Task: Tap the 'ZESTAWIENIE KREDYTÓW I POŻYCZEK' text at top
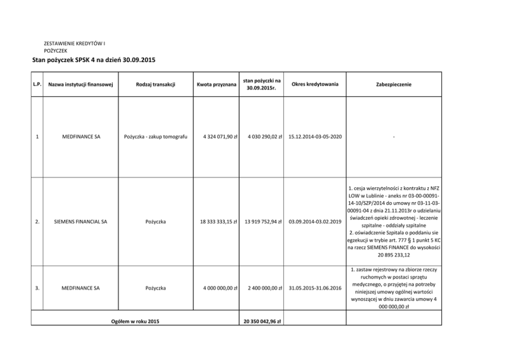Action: pos(71,48)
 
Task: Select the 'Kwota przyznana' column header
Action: pos(214,84)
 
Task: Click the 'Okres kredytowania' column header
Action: pos(314,84)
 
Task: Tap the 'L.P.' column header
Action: pos(37,84)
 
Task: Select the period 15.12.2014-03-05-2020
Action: pos(315,136)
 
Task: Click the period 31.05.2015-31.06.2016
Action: pos(315,288)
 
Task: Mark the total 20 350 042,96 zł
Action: pos(262,322)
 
